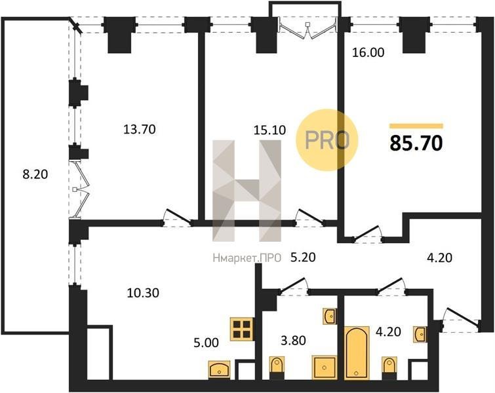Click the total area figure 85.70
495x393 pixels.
pos(416,143)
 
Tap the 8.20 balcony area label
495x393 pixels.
pos(35,174)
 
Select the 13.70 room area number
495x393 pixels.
pos(139,129)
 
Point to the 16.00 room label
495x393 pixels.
pos(368,52)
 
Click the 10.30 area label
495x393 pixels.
pos(143,293)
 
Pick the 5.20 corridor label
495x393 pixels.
pos(303,257)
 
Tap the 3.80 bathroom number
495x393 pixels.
pos(293,341)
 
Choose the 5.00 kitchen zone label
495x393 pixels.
pos(206,342)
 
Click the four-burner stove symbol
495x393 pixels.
pos(242,329)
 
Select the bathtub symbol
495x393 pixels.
pos(357,352)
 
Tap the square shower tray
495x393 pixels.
pos(325,367)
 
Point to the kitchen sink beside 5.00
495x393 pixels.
pos(220,369)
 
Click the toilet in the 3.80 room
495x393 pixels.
pos(277,367)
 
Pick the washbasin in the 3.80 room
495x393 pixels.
pos(330,316)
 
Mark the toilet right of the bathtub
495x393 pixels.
pos(389,367)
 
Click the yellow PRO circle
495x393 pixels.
pos(327,140)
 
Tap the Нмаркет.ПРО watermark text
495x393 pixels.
pos(247,258)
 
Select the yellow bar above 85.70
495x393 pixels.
pos(416,126)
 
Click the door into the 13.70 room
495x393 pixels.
pos(178,219)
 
